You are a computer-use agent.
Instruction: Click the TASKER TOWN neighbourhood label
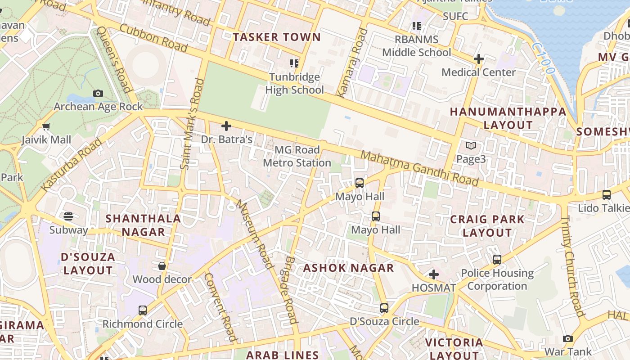coord(276,37)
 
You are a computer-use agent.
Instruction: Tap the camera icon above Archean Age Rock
coord(98,94)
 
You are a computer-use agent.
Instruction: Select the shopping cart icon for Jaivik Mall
coord(46,127)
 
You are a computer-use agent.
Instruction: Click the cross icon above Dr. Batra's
coord(226,126)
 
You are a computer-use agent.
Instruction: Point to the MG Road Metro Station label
coord(297,156)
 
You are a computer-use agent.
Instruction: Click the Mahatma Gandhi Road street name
coord(419,168)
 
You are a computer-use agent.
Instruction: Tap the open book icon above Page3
coord(471,146)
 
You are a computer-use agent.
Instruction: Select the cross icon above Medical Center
coord(479,59)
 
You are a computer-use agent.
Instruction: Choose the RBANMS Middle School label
coord(416,46)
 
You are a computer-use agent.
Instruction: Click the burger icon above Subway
coord(68,216)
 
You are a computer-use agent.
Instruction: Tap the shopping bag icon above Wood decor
coord(162,266)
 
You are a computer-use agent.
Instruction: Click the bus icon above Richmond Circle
coord(143,310)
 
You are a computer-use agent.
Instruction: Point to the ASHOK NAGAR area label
coord(348,268)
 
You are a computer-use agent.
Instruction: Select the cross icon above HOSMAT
coord(434,274)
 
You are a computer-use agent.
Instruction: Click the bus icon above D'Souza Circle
coord(384,308)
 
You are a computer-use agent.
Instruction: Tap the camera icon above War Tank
coord(568,338)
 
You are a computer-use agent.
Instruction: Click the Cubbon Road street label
coord(153,38)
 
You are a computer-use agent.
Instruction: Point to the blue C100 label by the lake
coord(542,59)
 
